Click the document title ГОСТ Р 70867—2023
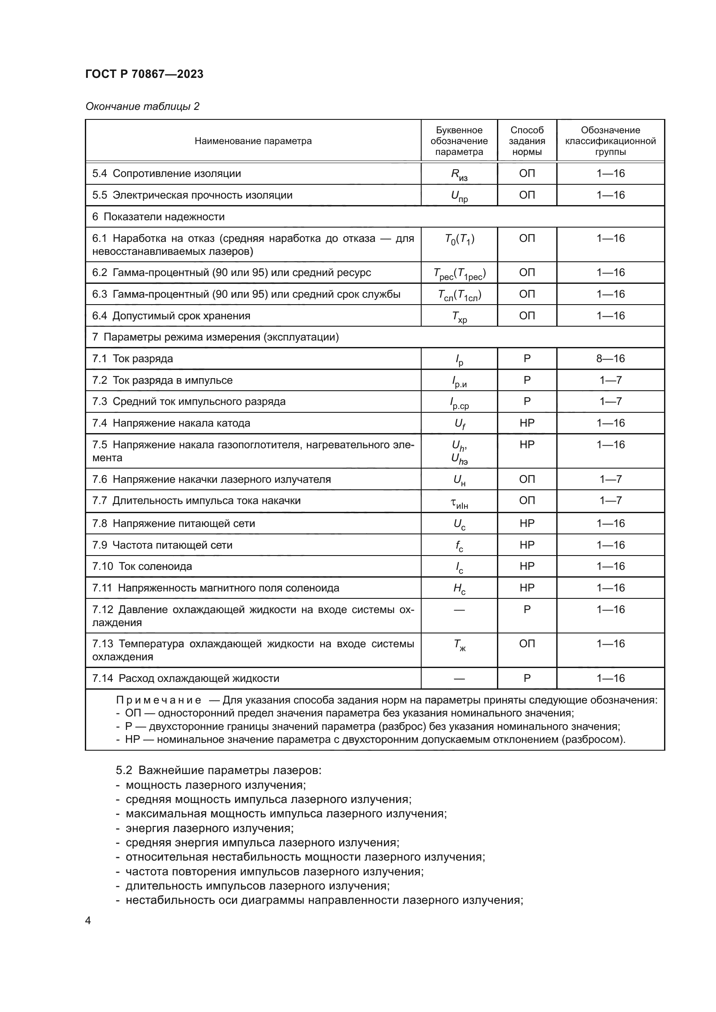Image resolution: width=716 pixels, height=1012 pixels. tap(144, 74)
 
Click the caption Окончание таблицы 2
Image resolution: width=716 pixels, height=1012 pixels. tap(142, 106)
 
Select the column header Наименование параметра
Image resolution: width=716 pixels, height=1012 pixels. tap(253, 141)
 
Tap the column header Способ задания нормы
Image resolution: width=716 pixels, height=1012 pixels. tap(527, 141)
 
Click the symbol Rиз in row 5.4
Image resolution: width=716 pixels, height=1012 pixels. tap(459, 174)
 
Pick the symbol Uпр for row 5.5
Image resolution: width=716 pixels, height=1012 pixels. tap(459, 196)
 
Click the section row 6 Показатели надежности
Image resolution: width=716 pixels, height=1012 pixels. tap(159, 217)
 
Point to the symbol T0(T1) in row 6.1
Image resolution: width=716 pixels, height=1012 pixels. tap(459, 239)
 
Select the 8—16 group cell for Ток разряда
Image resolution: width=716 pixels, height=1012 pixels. tap(610, 358)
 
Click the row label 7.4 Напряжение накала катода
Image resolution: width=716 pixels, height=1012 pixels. tap(171, 423)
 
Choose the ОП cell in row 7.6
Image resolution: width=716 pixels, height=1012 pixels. tap(527, 479)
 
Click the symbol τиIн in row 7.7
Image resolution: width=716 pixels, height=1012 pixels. tap(459, 502)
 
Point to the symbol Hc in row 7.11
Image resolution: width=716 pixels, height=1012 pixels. tap(459, 589)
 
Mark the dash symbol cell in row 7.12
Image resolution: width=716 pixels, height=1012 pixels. tap(459, 610)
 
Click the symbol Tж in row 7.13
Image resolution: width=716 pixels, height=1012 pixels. tap(459, 645)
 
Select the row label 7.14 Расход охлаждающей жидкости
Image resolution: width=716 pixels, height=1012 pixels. tap(186, 678)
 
